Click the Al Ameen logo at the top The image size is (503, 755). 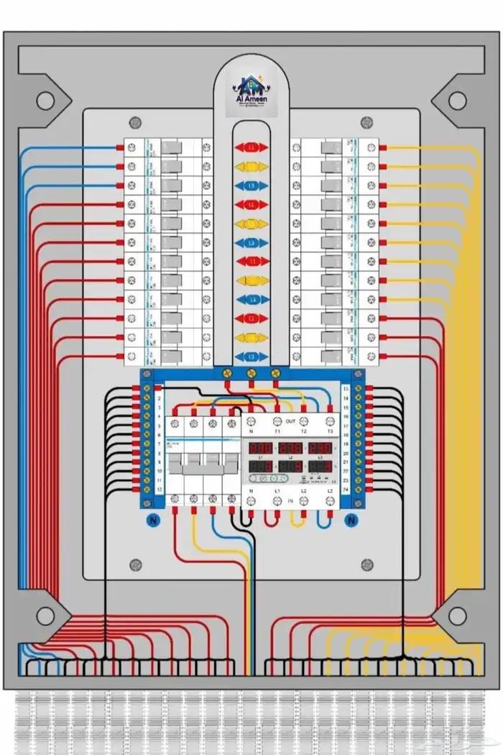(x=251, y=91)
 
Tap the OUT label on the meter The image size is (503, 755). (x=290, y=421)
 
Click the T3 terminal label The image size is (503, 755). (x=330, y=431)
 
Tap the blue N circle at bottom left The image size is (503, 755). (x=152, y=520)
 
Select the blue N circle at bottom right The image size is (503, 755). (x=352, y=520)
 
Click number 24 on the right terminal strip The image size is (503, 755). (x=346, y=490)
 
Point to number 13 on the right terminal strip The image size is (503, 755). (x=346, y=389)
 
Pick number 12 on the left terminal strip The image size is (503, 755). (x=157, y=490)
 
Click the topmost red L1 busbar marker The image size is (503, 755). (x=251, y=147)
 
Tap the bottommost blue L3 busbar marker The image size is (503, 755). (x=251, y=356)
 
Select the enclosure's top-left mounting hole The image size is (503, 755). (x=45, y=101)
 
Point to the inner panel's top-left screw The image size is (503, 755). (x=134, y=124)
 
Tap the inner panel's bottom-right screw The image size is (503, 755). (x=368, y=565)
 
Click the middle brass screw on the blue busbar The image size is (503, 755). (x=251, y=373)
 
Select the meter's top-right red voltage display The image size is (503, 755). (x=320, y=448)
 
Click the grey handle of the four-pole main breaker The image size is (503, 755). (x=203, y=468)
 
